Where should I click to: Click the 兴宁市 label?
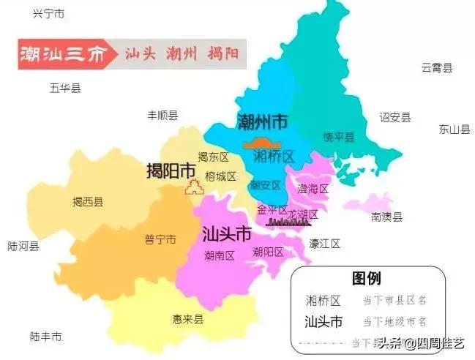pyautogui.click(x=49, y=14)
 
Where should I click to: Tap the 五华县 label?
pyautogui.click(x=65, y=88)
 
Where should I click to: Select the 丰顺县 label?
pyautogui.click(x=162, y=115)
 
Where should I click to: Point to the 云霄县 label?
pyautogui.click(x=436, y=67)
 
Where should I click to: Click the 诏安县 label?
pyautogui.click(x=394, y=117)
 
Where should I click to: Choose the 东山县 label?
pyautogui.click(x=454, y=130)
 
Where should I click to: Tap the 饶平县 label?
pyautogui.click(x=338, y=137)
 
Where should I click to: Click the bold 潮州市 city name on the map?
pyautogui.click(x=262, y=121)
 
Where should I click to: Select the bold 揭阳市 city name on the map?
pyautogui.click(x=171, y=170)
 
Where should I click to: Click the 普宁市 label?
pyautogui.click(x=160, y=239)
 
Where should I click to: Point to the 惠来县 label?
pyautogui.click(x=188, y=319)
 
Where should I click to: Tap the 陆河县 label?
pyautogui.click(x=23, y=246)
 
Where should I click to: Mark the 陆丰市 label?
pyautogui.click(x=45, y=337)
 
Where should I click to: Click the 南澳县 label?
pyautogui.click(x=386, y=217)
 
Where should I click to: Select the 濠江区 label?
pyautogui.click(x=324, y=244)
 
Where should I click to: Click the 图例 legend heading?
pyautogui.click(x=366, y=279)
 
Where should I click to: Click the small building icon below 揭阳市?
pyautogui.click(x=194, y=187)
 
